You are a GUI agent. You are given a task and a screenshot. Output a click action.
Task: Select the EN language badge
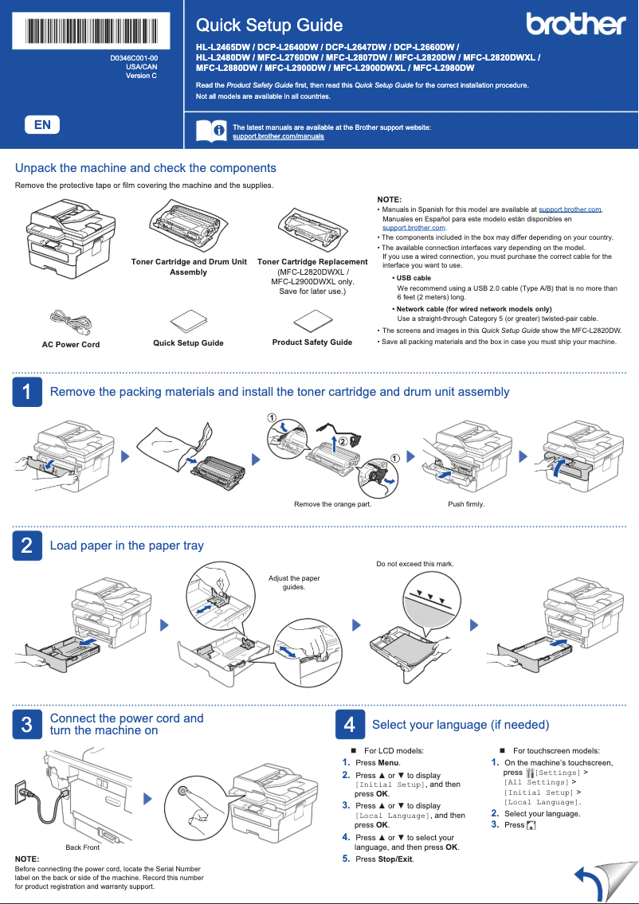pos(42,125)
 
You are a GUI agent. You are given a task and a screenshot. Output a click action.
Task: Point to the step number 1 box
pos(26,392)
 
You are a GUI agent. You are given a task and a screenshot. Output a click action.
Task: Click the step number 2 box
pos(26,546)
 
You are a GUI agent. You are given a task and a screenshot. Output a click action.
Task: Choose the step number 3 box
pos(26,724)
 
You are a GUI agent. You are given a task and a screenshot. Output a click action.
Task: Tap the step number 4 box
pos(349,724)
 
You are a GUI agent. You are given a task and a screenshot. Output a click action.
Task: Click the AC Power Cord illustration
pos(70,322)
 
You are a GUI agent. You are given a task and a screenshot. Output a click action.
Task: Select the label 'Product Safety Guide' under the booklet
pos(312,342)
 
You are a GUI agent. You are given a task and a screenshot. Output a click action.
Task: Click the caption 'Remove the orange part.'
pos(332,504)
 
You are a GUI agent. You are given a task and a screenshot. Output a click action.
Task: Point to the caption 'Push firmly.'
pos(466,504)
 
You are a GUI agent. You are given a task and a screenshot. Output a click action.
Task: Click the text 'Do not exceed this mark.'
pos(414,564)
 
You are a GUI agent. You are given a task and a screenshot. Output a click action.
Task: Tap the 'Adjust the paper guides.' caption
pos(294,583)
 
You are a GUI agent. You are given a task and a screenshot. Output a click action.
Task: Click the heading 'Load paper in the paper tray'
pos(127,546)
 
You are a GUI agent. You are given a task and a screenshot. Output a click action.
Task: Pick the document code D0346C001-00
pos(134,59)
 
